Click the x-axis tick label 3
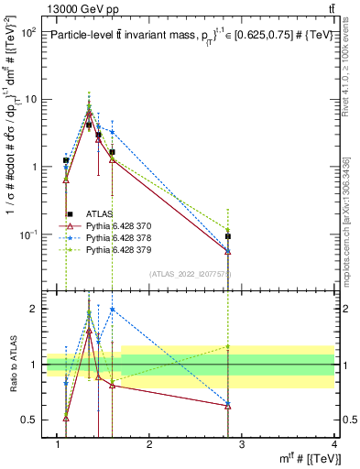coord(241,444)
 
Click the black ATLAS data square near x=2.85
coord(228,236)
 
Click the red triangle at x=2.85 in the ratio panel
coord(228,406)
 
